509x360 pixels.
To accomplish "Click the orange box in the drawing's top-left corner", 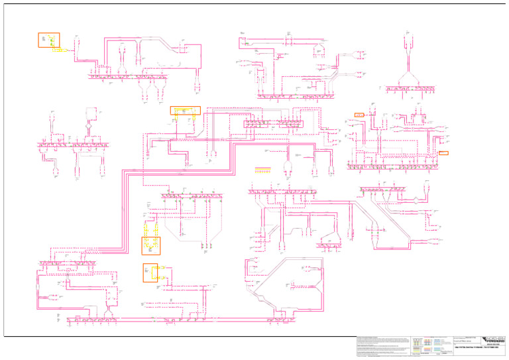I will pyautogui.click(x=48, y=40).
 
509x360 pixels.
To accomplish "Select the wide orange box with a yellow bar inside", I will pyautogui.click(x=185, y=111).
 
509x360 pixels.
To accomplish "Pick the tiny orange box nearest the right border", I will pyautogui.click(x=443, y=152).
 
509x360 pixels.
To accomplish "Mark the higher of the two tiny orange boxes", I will pyautogui.click(x=360, y=115).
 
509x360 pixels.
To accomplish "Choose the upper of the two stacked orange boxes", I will pyautogui.click(x=151, y=245).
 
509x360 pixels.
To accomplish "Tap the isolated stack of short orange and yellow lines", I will pyautogui.click(x=263, y=170).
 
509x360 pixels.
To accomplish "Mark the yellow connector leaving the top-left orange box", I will pyautogui.click(x=64, y=50).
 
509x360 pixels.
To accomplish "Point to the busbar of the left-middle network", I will pyautogui.click(x=74, y=143).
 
